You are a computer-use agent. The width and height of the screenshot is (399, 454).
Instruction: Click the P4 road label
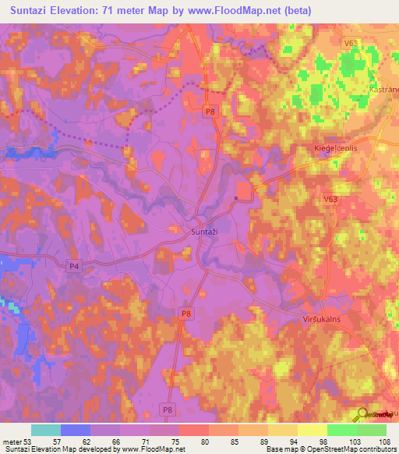74,266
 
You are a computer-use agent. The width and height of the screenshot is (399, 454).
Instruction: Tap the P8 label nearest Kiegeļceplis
210,112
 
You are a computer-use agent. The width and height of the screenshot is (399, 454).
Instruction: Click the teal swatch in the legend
46,430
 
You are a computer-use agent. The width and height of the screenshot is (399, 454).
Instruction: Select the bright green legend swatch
341,430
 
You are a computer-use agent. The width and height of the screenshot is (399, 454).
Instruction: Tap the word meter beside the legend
12,442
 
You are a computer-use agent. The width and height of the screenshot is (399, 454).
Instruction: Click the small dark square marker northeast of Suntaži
235,198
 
